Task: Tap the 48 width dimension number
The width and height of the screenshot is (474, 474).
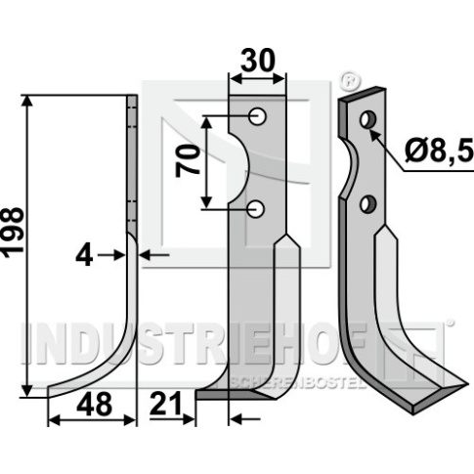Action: [95, 405]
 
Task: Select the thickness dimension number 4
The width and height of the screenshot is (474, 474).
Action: [84, 256]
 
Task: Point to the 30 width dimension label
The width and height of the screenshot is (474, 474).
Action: [258, 61]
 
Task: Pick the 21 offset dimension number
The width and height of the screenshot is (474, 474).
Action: [165, 404]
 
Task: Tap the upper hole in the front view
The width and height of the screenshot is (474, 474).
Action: [257, 116]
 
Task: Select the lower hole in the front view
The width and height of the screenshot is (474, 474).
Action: [256, 208]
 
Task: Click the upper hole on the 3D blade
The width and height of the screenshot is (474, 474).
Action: [368, 120]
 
